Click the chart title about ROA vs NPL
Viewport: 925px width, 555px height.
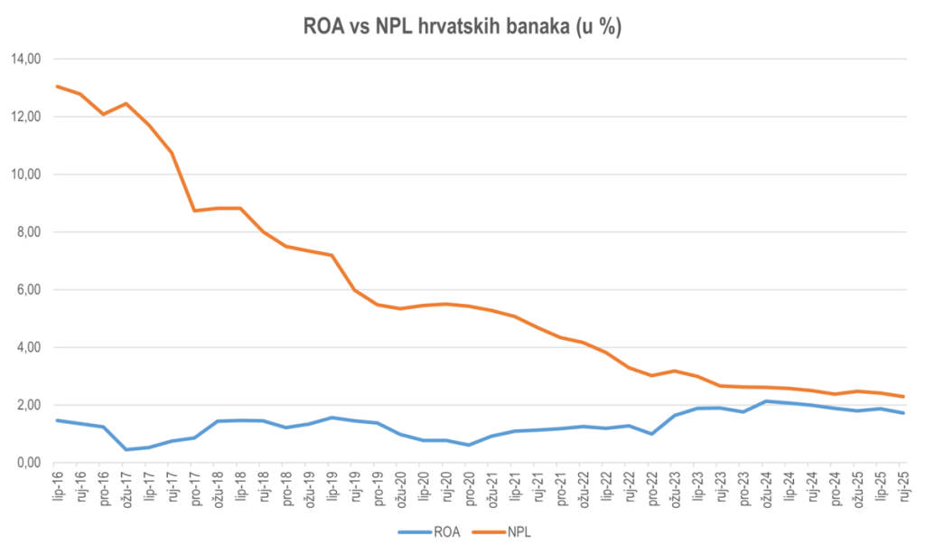[x=462, y=28]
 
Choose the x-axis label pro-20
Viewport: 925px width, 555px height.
[x=468, y=488]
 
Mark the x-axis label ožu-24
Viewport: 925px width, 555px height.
[x=765, y=488]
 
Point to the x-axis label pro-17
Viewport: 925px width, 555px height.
[x=194, y=488]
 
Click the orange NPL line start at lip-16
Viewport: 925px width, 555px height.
[x=57, y=86]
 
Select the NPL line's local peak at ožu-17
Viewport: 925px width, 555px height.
[x=126, y=103]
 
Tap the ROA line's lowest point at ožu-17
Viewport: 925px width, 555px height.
[x=126, y=449]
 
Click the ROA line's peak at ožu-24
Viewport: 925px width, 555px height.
[x=765, y=401]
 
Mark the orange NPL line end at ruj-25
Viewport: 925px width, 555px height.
[x=902, y=396]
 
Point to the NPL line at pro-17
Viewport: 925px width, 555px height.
[x=194, y=211]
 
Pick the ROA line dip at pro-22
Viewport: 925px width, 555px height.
[x=651, y=434]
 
